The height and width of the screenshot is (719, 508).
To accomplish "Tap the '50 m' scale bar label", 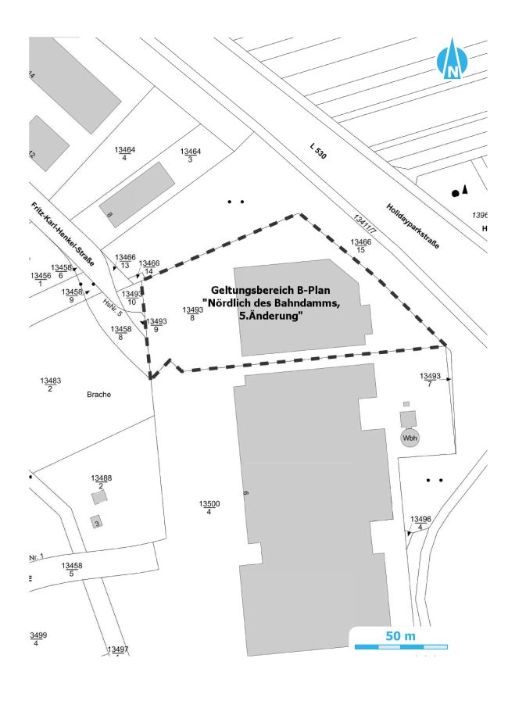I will click(x=400, y=635).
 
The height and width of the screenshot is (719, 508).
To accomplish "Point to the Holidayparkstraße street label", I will click(x=412, y=224).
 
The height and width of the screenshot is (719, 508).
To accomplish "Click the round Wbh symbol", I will click(x=410, y=438).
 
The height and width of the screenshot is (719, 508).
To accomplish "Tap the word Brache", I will click(x=99, y=395).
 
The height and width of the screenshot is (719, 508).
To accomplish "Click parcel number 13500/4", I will click(x=209, y=508).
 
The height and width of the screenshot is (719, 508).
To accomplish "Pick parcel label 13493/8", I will click(x=192, y=314).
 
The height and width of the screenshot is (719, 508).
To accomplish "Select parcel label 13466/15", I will click(x=360, y=246).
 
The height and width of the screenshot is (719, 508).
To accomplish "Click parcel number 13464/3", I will click(x=191, y=155).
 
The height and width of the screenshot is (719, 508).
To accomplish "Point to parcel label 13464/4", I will click(x=125, y=153).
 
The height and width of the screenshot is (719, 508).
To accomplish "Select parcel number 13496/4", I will click(x=420, y=523).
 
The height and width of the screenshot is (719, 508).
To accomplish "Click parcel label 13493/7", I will click(x=430, y=380).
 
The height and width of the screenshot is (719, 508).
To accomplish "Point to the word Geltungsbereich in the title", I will click(x=241, y=289).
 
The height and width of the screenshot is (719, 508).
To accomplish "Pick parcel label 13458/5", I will click(x=72, y=569).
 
